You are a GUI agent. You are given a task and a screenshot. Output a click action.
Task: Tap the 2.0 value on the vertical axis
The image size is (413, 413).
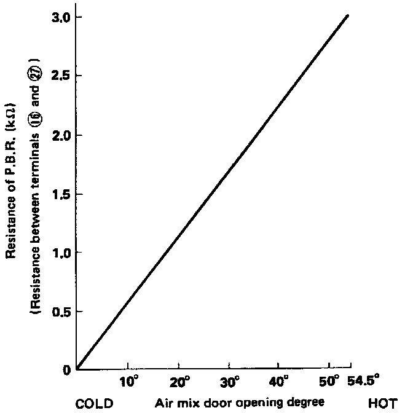(60, 135)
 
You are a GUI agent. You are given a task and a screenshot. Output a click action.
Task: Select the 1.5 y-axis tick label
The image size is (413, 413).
(60, 194)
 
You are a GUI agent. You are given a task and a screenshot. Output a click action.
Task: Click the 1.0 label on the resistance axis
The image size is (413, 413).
(60, 253)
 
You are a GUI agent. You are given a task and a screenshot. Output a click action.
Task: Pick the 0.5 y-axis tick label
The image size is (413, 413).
(60, 312)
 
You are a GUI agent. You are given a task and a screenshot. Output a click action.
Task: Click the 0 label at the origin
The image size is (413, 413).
(66, 370)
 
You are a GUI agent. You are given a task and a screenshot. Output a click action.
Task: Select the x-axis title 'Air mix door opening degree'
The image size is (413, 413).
(239, 403)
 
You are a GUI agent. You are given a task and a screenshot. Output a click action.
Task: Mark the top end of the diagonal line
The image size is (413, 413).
(348, 15)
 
